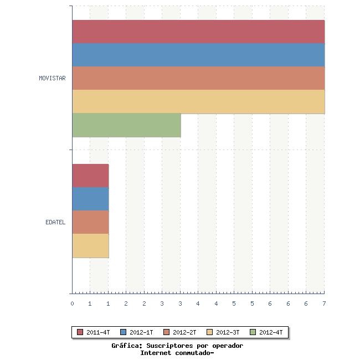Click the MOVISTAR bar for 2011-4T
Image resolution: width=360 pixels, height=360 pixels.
pos(198,32)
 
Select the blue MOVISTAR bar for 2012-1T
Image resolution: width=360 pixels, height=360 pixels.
pos(198,55)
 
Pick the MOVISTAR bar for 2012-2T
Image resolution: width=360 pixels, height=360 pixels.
pos(198,78)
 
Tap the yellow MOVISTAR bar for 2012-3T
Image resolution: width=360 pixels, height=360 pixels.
pos(198,101)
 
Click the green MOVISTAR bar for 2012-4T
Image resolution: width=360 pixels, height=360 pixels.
pos(126,125)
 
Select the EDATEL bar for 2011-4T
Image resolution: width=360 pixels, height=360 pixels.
pos(90,176)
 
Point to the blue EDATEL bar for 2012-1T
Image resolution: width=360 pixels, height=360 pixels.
pos(90,199)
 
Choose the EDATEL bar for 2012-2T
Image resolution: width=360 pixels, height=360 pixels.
pos(90,222)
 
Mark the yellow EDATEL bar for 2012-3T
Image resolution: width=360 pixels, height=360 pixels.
pos(90,245)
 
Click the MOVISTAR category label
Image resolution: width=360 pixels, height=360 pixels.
pos(52,78)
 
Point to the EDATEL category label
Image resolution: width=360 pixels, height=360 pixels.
pos(55,222)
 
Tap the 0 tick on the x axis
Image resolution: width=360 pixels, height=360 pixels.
pos(72,304)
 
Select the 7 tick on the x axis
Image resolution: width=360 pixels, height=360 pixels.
pos(324,304)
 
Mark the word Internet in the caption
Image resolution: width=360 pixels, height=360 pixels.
pos(156,353)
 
